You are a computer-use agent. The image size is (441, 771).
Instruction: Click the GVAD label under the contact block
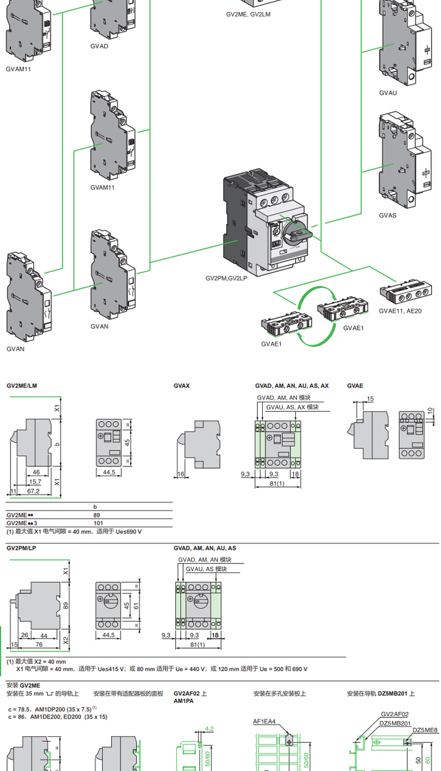coord(99,46)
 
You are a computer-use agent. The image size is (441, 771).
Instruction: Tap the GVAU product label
coord(388,93)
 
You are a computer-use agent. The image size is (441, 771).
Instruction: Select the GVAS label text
coord(387,215)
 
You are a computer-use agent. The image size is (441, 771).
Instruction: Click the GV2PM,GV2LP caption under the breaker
coord(226,278)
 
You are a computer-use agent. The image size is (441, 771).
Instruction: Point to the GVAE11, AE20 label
coord(400,311)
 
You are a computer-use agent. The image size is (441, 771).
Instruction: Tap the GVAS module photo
coord(400,162)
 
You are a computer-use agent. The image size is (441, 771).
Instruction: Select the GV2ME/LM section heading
coord(22,386)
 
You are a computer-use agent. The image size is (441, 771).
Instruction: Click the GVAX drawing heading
coord(182,386)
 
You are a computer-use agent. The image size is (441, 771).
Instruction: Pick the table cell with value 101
coord(98,522)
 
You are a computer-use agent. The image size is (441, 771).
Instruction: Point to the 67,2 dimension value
coord(34,490)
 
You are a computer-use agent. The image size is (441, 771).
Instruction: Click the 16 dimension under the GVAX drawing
coord(181,473)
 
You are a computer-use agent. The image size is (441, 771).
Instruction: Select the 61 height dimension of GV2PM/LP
coord(136,606)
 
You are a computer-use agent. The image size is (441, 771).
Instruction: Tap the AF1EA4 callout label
coord(265,721)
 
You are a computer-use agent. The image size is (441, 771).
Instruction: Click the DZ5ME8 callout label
coord(425,730)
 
